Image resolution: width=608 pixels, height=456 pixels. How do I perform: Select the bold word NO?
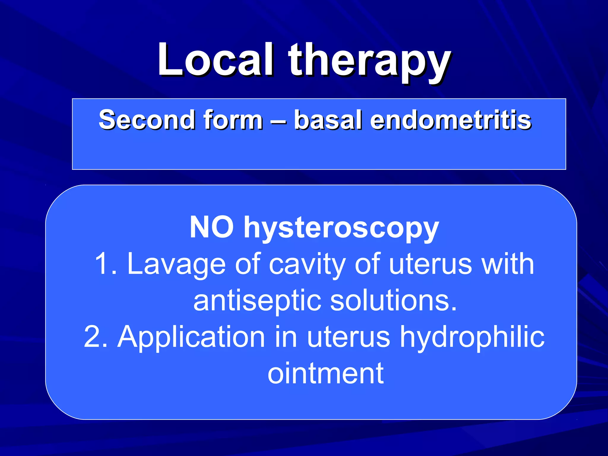[211, 227]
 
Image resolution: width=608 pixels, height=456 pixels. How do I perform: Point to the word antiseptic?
[257, 301]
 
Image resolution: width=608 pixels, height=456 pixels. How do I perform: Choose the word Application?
[191, 337]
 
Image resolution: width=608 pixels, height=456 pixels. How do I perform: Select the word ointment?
[325, 373]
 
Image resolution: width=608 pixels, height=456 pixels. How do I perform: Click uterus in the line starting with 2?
[349, 337]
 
